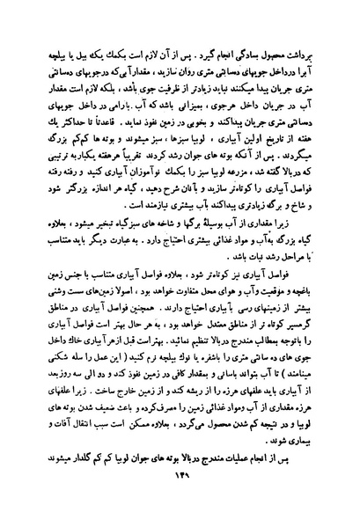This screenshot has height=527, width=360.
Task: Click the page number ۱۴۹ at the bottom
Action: pos(180,501)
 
